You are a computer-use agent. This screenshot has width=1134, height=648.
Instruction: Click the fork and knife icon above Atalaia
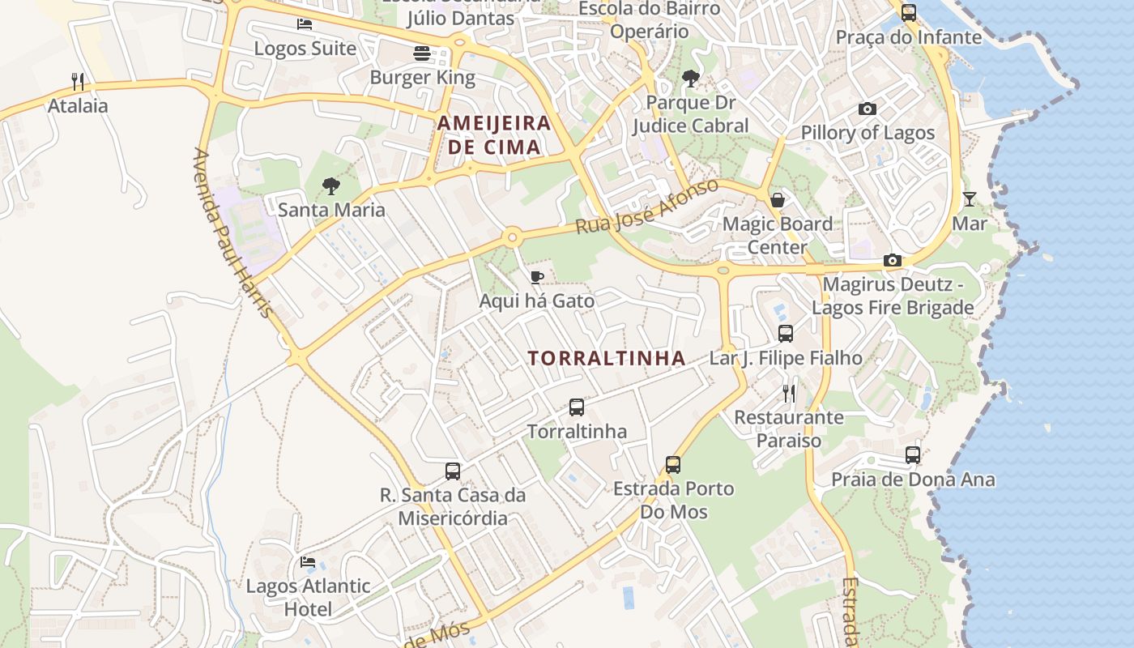tap(78, 81)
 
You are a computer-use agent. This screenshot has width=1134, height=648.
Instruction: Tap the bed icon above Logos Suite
tap(305, 23)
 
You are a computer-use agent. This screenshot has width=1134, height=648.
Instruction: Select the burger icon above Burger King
tap(421, 53)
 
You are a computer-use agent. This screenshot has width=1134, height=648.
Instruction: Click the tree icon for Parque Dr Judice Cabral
tap(691, 79)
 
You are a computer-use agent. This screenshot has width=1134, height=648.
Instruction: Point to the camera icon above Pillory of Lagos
tap(868, 109)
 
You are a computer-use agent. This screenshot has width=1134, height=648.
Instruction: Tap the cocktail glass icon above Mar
tap(970, 198)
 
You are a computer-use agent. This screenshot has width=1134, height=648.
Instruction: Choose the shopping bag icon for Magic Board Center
tap(778, 199)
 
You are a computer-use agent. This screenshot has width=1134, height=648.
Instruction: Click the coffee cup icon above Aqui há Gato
tap(536, 277)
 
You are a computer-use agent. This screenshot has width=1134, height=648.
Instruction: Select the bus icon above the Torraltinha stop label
tap(577, 407)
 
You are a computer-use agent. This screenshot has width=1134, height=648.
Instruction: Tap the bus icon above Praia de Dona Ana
tap(913, 455)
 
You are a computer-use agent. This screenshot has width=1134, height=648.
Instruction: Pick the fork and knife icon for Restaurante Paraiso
tap(789, 394)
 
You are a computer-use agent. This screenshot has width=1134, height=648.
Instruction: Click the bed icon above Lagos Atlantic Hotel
tap(308, 561)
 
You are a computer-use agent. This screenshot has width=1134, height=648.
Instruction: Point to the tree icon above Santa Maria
tap(330, 186)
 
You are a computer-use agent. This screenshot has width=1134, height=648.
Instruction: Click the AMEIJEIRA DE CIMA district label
tap(494, 135)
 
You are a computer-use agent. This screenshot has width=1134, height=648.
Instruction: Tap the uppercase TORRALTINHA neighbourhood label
tap(607, 358)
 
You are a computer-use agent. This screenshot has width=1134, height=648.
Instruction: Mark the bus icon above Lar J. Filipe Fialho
tap(785, 333)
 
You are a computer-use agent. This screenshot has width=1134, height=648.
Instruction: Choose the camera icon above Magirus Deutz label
tap(893, 260)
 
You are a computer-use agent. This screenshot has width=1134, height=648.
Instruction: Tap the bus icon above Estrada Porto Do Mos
tap(673, 465)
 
